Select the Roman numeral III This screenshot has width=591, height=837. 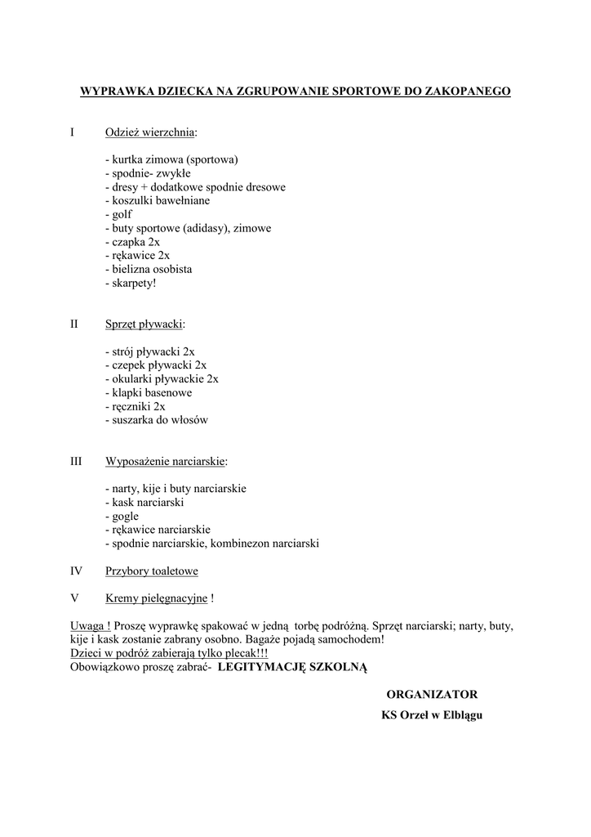coord(76,461)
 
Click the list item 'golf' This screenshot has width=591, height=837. coord(118,214)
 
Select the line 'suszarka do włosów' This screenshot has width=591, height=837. coord(157,420)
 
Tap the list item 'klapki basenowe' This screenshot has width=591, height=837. coord(149,392)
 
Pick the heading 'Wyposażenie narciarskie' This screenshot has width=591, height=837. coord(165,461)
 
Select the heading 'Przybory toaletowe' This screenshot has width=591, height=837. coord(152,571)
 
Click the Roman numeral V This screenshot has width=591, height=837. coord(75,598)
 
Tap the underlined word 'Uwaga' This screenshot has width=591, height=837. coord(87,625)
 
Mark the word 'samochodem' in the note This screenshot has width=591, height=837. coord(348,639)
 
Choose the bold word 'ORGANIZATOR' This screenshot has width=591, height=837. coord(432,694)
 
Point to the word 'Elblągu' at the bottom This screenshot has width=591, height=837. coord(461,715)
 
